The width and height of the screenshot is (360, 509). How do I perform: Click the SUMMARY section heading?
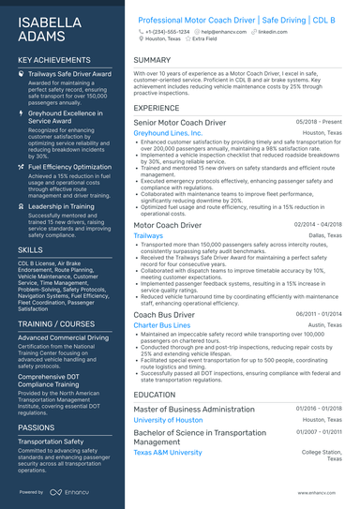[x=152, y=59]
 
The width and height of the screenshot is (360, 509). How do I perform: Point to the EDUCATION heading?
[x=155, y=395]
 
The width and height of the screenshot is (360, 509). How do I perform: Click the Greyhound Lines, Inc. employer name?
[x=167, y=134]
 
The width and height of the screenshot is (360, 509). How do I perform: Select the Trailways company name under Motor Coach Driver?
[x=148, y=236]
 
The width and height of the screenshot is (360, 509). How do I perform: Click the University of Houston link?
[x=168, y=420]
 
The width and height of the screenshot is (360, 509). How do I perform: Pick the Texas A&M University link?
[x=168, y=452]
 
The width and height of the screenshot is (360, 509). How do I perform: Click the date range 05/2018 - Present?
[x=320, y=123]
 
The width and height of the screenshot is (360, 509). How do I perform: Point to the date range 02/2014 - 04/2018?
[x=318, y=225]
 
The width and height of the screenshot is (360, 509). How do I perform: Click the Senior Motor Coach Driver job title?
[x=179, y=123]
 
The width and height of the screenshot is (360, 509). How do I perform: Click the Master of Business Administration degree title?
[x=194, y=410]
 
